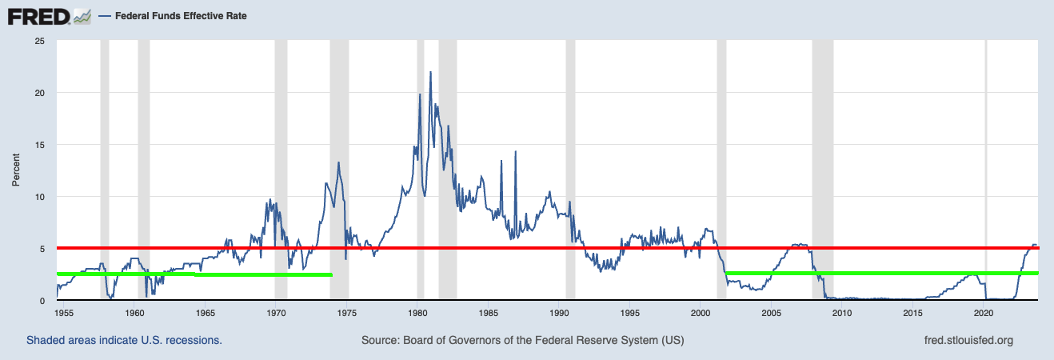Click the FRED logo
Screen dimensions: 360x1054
pos(48,15)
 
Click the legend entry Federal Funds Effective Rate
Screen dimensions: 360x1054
pos(181,15)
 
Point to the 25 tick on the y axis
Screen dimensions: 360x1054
pos(39,41)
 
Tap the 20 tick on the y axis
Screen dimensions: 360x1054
pos(39,93)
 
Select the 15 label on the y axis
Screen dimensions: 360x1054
pos(39,145)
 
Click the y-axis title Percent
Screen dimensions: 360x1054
pos(15,171)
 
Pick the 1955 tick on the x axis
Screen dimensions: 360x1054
pos(65,313)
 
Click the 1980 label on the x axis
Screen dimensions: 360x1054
pos(418,313)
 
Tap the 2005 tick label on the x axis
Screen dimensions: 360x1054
pos(772,313)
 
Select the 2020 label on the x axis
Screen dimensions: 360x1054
pos(984,313)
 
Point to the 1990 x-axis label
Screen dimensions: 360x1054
pos(560,313)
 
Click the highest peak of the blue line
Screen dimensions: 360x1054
pos(430,73)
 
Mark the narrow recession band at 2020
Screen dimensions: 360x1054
pos(986,160)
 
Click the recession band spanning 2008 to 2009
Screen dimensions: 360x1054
pos(822,160)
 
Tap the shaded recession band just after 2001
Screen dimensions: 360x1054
pos(721,160)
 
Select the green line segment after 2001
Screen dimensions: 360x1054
pos(880,274)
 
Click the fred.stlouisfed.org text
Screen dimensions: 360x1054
pos(968,341)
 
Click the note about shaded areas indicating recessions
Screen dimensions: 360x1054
pos(124,341)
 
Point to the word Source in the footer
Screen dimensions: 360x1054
pos(379,341)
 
